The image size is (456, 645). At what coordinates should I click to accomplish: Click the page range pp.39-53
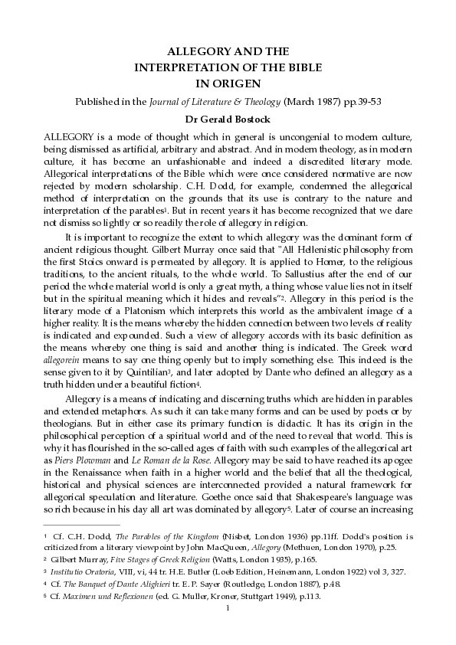(361, 102)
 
